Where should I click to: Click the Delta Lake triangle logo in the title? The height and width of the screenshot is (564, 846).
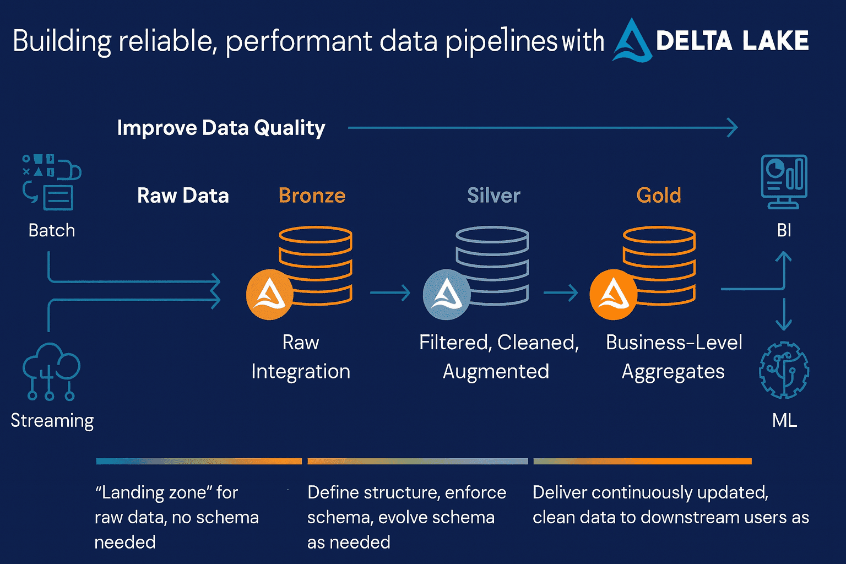[632, 42]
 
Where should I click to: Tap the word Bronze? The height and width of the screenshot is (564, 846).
[312, 196]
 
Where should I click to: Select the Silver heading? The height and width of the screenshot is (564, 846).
[493, 196]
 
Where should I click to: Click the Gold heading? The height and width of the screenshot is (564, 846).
[659, 196]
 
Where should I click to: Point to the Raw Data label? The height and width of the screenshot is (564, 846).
[183, 196]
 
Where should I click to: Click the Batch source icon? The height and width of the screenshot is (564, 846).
[51, 182]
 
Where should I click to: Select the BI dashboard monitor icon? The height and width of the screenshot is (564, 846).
[784, 181]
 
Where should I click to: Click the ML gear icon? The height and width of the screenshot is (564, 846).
[784, 370]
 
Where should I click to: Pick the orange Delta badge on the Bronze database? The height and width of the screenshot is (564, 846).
[270, 295]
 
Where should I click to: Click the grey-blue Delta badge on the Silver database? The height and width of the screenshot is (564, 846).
[447, 295]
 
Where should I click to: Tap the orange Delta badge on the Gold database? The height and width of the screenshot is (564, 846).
[614, 295]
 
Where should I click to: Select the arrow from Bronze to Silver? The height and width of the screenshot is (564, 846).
[391, 292]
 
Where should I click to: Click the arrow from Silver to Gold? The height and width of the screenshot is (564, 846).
[561, 292]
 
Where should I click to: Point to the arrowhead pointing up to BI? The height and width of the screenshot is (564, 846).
[783, 257]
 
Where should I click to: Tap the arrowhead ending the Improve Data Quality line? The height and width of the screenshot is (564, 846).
[733, 128]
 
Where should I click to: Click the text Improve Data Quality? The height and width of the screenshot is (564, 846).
[221, 128]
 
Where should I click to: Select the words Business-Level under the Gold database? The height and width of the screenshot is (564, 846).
[674, 343]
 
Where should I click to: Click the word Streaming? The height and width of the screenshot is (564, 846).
[52, 420]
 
